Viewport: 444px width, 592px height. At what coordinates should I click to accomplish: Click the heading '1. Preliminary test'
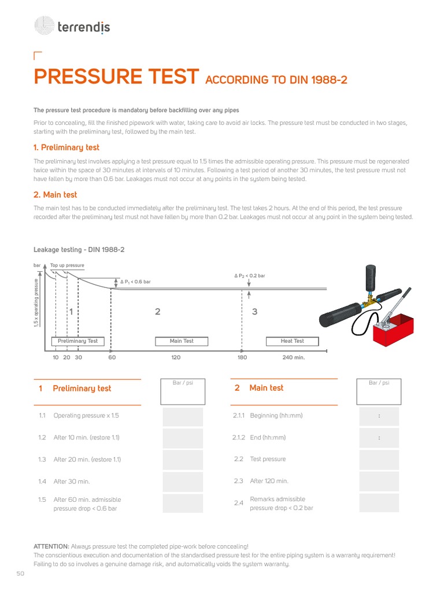point(66,148)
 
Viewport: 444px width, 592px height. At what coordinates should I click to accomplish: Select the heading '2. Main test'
point(55,195)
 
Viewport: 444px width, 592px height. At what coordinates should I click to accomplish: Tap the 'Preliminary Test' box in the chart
point(78,341)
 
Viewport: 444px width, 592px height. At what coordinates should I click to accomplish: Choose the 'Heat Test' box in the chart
point(293,341)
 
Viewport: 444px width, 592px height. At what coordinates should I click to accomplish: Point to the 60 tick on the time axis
point(112,357)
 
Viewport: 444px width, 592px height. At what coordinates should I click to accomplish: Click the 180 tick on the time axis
point(242,357)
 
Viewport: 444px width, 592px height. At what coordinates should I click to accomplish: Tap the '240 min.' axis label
point(293,357)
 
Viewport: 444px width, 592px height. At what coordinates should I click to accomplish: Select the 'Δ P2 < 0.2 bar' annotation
point(250,276)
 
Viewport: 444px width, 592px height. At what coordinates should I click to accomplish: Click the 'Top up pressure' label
point(67,265)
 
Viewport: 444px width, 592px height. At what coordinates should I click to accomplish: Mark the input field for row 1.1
point(183,416)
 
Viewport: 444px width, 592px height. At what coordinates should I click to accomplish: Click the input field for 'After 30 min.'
point(183,481)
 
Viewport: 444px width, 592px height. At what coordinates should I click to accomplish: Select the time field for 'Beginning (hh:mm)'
point(379,416)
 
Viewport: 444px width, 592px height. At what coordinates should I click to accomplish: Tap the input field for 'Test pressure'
point(379,460)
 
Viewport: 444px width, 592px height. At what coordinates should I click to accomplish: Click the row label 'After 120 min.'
point(269,481)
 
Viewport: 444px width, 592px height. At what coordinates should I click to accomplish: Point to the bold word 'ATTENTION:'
point(51,546)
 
